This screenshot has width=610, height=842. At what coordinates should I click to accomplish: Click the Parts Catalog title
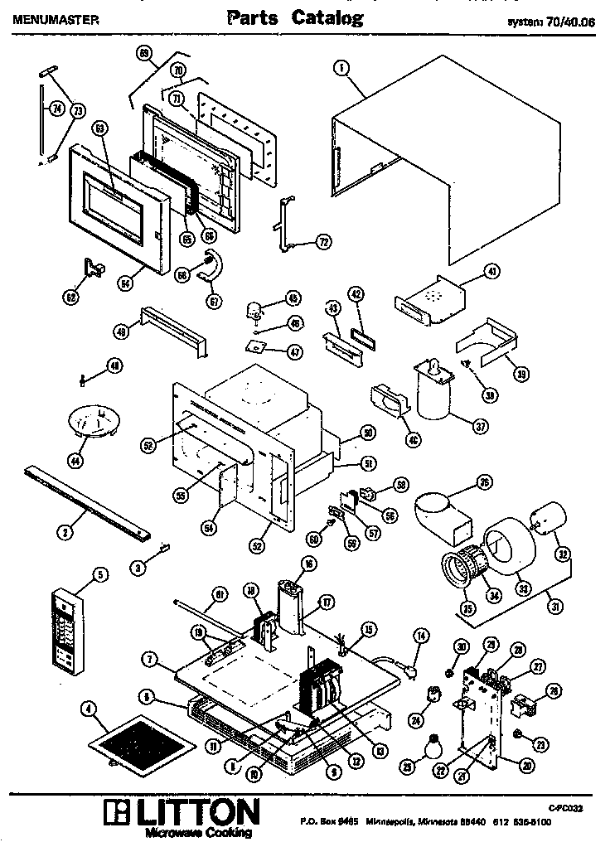coord(295,17)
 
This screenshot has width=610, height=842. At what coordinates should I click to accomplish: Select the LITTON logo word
coord(190,810)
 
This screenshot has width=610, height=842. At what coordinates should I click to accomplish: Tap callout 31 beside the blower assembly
coord(556,606)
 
